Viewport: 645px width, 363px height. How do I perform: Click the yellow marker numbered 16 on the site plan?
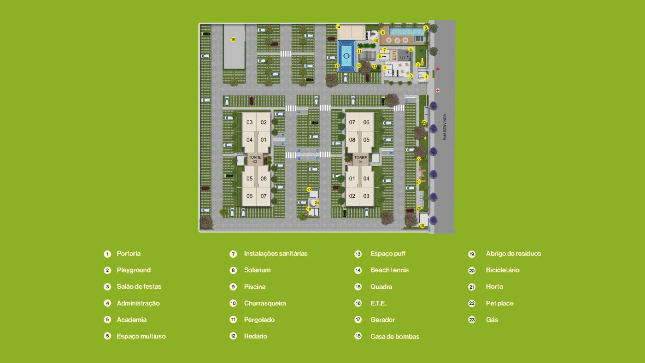[233, 40]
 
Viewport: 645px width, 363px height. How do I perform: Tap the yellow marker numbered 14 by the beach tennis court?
[338, 27]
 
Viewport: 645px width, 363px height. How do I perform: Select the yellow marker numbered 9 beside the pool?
[426, 28]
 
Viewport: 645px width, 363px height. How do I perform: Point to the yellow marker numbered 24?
[317, 202]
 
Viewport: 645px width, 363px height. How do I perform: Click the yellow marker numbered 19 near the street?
[422, 226]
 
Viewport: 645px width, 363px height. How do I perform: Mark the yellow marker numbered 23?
[424, 123]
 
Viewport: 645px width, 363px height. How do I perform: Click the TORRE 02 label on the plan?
[255, 159]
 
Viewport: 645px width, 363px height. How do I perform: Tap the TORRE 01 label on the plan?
[361, 160]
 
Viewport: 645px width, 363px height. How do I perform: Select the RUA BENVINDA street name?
[445, 127]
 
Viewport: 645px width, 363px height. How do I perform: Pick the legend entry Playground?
[134, 270]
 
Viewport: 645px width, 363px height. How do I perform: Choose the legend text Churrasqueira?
[265, 303]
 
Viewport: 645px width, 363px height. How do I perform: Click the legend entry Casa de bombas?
[395, 337]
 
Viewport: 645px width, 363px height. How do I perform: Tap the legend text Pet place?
[499, 303]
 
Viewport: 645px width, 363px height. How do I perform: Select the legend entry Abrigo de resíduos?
[513, 254]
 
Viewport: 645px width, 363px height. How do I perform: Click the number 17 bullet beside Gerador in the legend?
[358, 320]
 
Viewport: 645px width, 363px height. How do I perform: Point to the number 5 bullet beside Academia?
[107, 320]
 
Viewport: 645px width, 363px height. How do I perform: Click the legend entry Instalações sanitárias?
[276, 254]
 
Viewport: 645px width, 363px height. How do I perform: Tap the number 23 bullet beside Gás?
[472, 320]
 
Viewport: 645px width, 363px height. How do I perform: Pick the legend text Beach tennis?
[389, 270]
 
